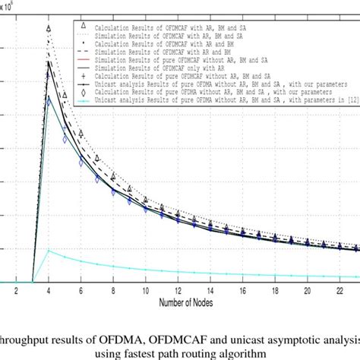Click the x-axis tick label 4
[49, 290]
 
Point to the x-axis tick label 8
[113, 290]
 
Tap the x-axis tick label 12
[177, 290]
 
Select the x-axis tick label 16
[242, 290]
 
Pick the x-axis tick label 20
[306, 290]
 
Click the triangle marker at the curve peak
[49, 29]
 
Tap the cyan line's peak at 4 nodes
[49, 250]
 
